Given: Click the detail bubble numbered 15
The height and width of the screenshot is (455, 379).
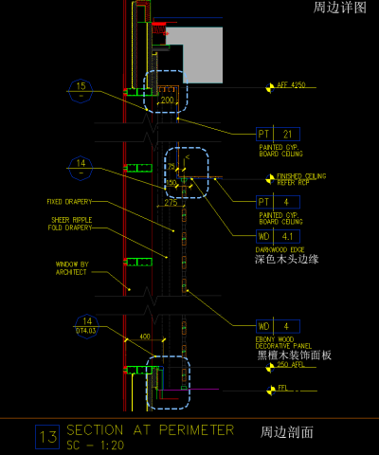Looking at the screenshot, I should (x=81, y=90).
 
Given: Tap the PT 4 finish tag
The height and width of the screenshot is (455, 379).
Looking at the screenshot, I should (x=278, y=202).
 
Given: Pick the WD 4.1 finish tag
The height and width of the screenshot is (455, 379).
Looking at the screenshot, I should (x=278, y=235).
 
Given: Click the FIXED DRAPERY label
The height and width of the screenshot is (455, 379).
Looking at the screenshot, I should (x=68, y=202).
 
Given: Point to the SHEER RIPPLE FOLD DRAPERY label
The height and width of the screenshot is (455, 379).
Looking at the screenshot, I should (x=72, y=224).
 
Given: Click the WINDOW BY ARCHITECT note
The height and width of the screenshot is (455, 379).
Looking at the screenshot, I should (x=71, y=268).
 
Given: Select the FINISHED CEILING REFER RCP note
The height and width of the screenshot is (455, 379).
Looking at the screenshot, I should (x=301, y=179).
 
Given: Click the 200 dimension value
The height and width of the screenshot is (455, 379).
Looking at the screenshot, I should (x=167, y=100).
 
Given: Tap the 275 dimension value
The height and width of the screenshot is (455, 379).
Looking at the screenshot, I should (x=171, y=203).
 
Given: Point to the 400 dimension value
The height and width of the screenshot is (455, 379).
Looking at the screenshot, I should (x=145, y=337).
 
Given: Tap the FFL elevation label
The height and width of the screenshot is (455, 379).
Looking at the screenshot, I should (x=282, y=388).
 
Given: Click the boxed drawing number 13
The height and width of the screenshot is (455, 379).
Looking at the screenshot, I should (x=46, y=437).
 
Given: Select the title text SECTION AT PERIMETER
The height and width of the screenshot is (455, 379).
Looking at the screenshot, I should (x=150, y=429).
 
